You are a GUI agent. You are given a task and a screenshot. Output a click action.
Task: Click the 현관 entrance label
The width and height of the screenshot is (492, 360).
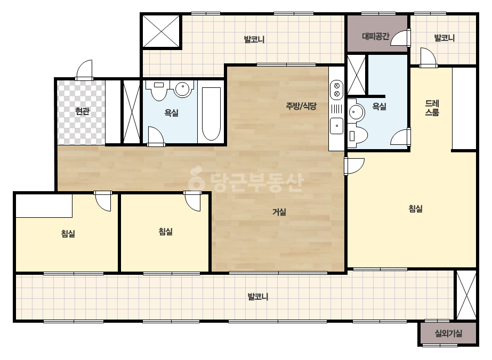click(82, 111)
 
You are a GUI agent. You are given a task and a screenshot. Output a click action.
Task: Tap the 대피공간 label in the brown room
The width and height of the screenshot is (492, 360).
click(376, 36)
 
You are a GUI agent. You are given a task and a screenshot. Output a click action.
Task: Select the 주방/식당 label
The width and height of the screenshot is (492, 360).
click(301, 106)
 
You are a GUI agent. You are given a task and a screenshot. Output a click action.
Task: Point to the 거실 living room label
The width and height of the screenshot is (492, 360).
click(279, 212)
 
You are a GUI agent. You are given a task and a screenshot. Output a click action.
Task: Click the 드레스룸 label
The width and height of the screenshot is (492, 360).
click(432, 108)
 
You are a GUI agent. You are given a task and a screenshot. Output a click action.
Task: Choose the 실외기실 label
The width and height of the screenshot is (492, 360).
click(448, 333)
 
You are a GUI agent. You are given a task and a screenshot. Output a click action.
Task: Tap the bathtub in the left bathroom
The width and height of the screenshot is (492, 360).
click(211, 113)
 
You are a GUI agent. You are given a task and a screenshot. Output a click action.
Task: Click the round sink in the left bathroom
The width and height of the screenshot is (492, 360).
click(183, 89)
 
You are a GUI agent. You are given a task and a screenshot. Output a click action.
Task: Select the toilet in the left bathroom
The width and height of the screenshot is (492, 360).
click(159, 90)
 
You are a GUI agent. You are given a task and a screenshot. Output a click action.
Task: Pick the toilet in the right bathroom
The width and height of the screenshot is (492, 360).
click(358, 135)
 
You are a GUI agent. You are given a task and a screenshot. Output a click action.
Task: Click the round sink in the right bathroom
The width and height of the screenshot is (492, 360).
click(356, 111)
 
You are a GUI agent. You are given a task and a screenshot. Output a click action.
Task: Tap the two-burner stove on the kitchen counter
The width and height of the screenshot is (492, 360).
click(337, 89)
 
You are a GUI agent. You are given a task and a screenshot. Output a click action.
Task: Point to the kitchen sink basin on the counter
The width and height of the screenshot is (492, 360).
click(337, 126)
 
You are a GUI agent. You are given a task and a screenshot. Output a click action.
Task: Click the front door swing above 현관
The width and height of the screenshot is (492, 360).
click(84, 70)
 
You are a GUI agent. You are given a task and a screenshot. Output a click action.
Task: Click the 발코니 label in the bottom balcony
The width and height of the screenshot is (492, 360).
click(258, 297)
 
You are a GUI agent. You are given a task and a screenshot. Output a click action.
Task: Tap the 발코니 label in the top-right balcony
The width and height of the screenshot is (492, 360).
click(445, 38)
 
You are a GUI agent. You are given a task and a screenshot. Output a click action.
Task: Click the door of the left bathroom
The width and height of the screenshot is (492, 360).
click(156, 136)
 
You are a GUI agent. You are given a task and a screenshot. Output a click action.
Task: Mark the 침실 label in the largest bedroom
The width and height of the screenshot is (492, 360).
click(416, 209)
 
